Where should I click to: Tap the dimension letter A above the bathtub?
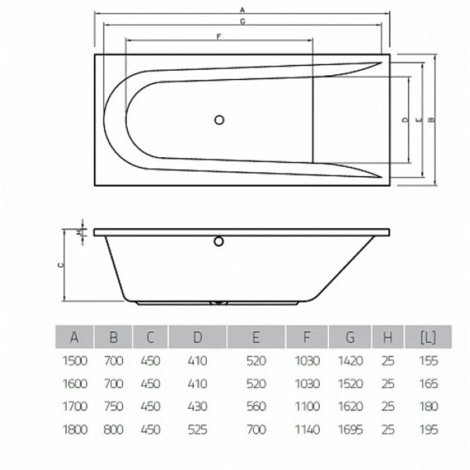point(244,9)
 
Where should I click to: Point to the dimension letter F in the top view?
point(218,36)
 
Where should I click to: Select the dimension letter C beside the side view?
point(60,266)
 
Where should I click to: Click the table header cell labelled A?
point(74,338)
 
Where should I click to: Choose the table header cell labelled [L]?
point(428,338)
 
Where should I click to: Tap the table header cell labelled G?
point(349,338)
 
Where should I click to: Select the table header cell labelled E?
point(255,338)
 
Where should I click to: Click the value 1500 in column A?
point(74,361)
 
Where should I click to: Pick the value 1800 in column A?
point(74,430)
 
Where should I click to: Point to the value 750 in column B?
point(114,407)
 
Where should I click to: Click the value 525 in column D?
point(197,430)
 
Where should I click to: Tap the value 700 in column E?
point(255,430)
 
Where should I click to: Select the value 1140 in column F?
point(307,430)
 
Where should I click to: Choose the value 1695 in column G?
point(349,430)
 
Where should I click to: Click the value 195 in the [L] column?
point(428,430)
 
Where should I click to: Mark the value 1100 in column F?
point(307,407)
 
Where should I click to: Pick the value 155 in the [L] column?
point(428,361)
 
